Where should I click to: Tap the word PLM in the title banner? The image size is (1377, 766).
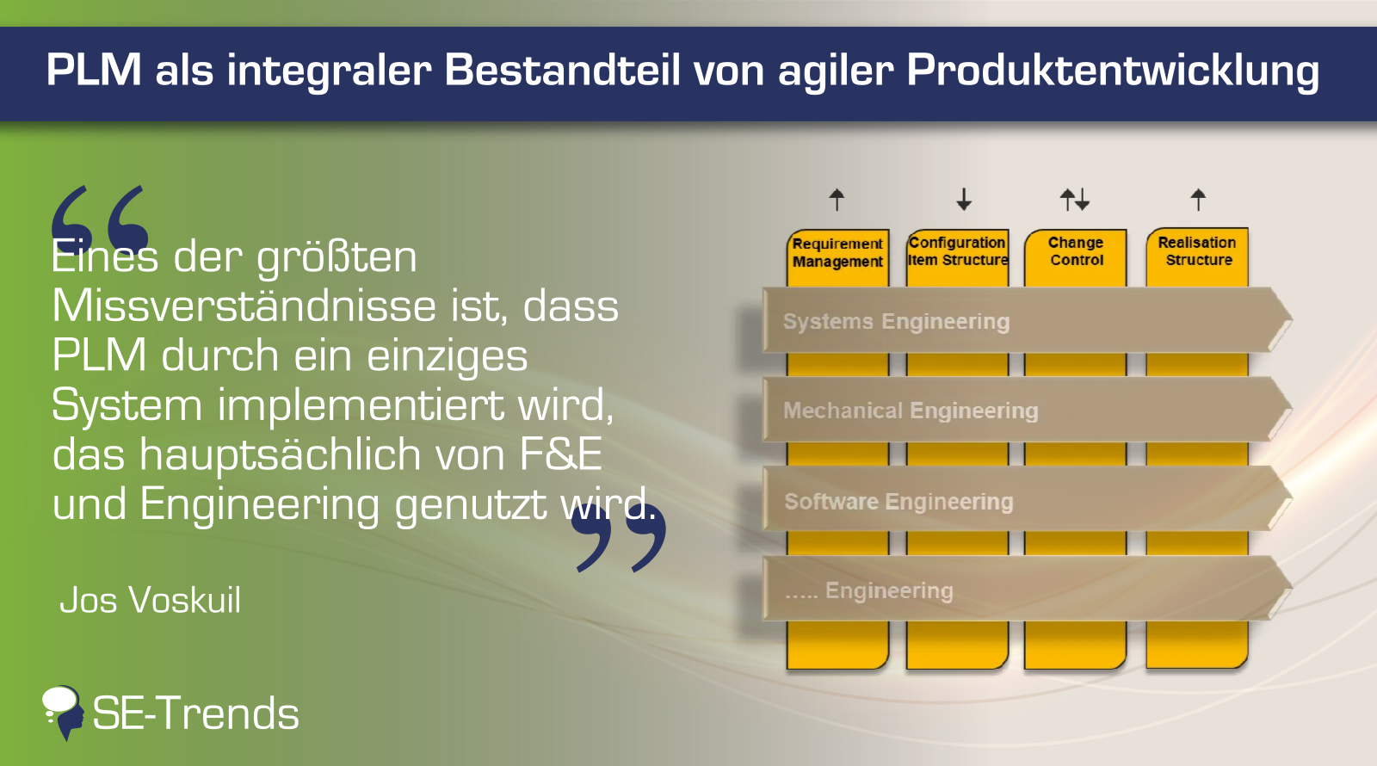tap(94, 69)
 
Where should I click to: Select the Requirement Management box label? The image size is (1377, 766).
tap(837, 253)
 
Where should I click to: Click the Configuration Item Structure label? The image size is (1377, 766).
tap(958, 251)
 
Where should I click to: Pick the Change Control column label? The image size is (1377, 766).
tap(1076, 251)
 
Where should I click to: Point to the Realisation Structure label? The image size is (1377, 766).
tap(1197, 251)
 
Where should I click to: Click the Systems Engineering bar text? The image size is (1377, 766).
tap(896, 322)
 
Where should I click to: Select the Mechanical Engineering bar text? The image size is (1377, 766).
tap(911, 411)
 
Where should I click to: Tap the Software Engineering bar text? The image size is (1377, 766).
tap(898, 502)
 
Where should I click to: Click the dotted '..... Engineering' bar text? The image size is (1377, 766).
tap(869, 590)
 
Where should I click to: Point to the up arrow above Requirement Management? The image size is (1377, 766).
tap(837, 200)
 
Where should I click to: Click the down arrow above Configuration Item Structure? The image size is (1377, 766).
tap(964, 200)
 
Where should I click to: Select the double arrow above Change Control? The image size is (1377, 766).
tap(1075, 200)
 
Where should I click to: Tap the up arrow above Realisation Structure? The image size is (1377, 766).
tap(1198, 200)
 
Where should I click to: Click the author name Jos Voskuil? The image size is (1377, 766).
tap(150, 600)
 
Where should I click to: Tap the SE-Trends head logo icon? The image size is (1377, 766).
tap(63, 713)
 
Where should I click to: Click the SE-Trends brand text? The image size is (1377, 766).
tap(195, 713)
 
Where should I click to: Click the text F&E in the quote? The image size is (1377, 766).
tap(560, 454)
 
